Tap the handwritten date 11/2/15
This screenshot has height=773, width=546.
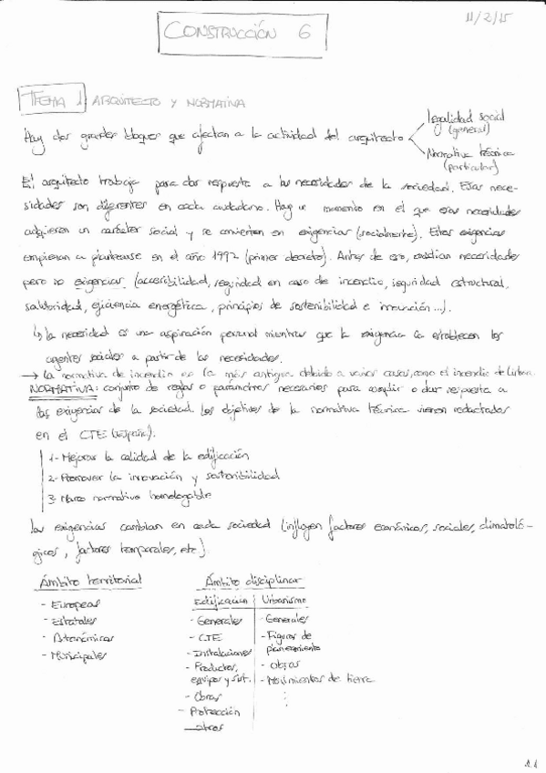489,19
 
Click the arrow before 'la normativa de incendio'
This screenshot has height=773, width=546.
28,375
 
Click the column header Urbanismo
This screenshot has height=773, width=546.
284,600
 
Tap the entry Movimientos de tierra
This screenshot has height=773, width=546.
317,679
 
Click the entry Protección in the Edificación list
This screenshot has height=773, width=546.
215,711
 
